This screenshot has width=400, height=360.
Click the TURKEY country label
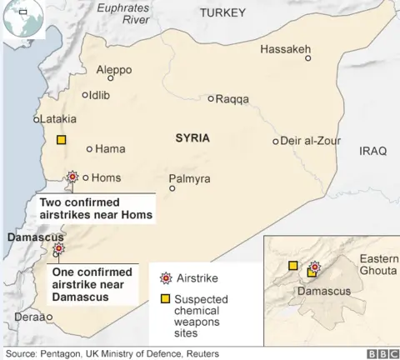pyautogui.click(x=222, y=12)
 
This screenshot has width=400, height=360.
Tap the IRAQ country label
pyautogui.click(x=372, y=151)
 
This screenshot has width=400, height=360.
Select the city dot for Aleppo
pyautogui.click(x=110, y=78)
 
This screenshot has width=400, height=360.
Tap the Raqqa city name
pyautogui.click(x=232, y=99)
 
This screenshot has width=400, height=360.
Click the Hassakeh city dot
pyautogui.click(x=307, y=58)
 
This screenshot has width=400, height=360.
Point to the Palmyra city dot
pyautogui.click(x=172, y=188)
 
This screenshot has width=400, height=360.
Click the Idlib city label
pyautogui.click(x=100, y=95)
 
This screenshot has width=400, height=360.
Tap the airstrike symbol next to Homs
pyautogui.click(x=73, y=177)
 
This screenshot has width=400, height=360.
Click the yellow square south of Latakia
pyautogui.click(x=61, y=140)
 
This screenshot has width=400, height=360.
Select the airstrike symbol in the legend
pyautogui.click(x=163, y=277)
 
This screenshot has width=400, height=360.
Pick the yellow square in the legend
pyautogui.click(x=163, y=298)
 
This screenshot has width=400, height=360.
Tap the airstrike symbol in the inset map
pyautogui.click(x=314, y=267)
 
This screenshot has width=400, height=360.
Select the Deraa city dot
pyautogui.click(x=49, y=317)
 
